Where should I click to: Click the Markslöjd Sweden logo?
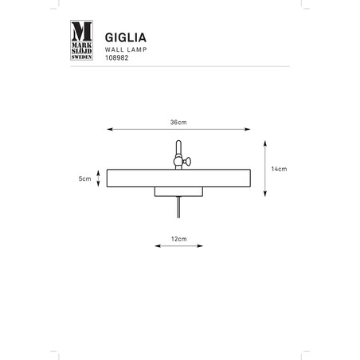(81, 40)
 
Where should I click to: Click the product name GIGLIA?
(126, 37)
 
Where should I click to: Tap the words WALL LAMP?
(126, 49)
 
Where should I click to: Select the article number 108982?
(117, 58)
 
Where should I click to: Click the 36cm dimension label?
(178, 123)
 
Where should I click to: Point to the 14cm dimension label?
(279, 169)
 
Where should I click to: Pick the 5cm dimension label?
(84, 178)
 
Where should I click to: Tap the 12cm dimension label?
(178, 239)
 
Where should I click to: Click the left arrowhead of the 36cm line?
(110, 129)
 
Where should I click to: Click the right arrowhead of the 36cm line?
(248, 129)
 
